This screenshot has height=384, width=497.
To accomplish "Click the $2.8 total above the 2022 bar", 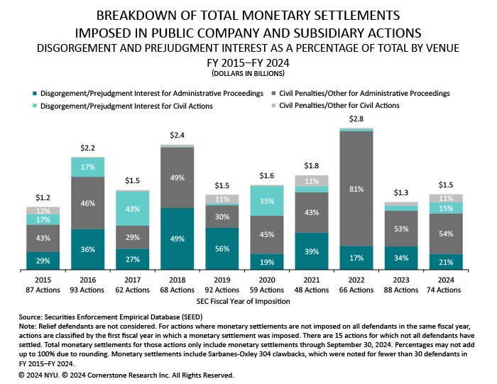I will (x=357, y=118).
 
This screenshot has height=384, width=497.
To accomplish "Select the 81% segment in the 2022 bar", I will (x=357, y=190).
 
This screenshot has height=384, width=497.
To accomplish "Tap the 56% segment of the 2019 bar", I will (x=223, y=249).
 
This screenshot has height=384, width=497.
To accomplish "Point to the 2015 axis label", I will (x=43, y=280).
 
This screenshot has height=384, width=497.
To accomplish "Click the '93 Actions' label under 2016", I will (x=88, y=290).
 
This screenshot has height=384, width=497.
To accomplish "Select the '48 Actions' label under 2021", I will (x=312, y=290).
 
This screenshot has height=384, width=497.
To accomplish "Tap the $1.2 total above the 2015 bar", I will (x=43, y=197).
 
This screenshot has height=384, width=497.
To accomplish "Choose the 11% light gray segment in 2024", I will (x=447, y=199).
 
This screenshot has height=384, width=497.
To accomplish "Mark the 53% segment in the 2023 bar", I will (x=402, y=229).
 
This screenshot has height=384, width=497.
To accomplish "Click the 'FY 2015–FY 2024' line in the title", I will (x=248, y=62).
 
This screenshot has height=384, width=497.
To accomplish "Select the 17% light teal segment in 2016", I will (x=88, y=168).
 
